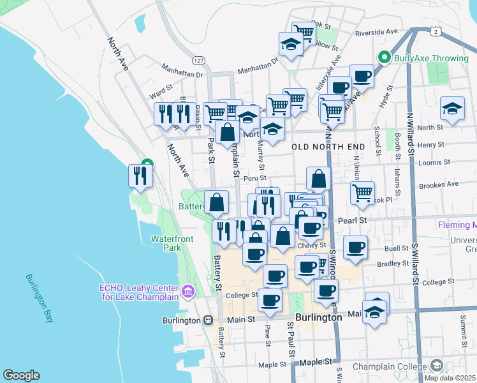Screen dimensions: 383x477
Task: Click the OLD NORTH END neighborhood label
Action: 328,147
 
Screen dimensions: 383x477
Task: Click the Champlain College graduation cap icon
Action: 437,365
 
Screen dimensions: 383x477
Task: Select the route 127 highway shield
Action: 200,59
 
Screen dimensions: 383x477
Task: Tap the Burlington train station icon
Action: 208,320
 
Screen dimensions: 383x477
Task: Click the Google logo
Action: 21,375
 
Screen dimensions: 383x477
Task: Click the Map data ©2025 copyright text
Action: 450,377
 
